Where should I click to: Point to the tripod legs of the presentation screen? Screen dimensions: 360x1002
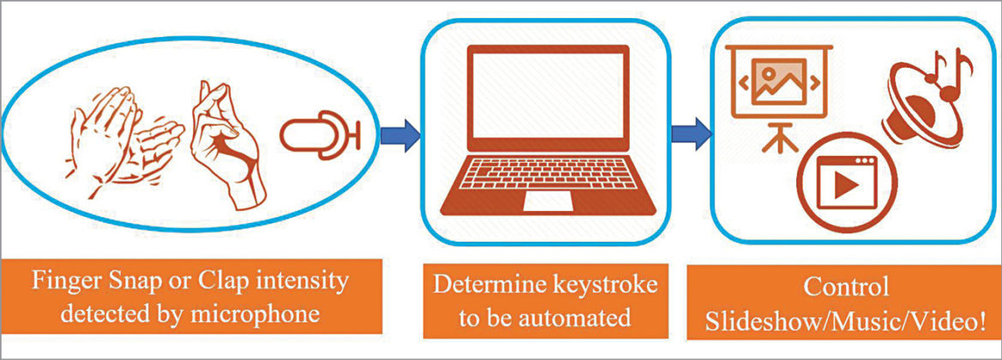[776, 137]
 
